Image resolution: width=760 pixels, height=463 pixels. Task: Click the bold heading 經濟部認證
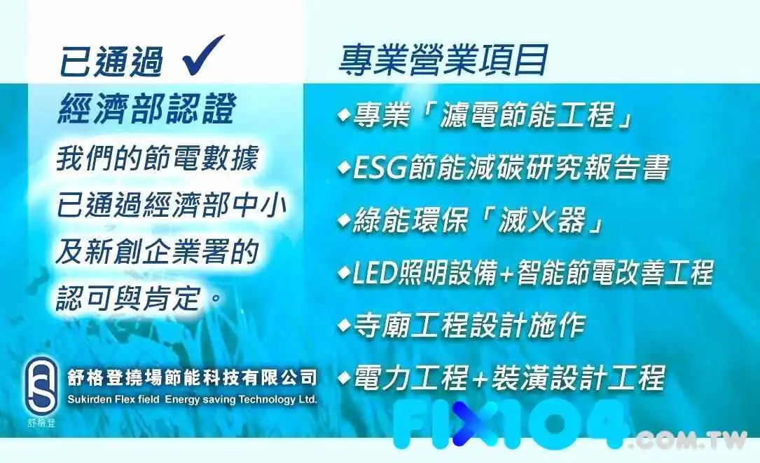(147, 109)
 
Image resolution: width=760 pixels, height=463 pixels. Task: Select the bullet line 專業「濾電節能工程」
(485, 116)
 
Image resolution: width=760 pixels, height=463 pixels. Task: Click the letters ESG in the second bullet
(380, 168)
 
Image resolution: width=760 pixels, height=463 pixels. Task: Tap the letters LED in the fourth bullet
(374, 273)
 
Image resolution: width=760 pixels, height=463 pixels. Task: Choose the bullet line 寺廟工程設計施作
(462, 326)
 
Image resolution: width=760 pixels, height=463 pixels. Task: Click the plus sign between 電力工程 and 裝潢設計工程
(479, 379)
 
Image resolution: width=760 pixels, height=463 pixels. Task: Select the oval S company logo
(41, 387)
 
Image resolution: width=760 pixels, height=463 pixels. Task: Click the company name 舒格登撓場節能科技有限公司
(192, 377)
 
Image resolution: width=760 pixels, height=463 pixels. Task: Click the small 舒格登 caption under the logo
(42, 423)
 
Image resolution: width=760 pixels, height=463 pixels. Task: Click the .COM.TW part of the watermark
(687, 440)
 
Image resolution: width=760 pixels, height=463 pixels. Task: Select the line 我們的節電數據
(158, 159)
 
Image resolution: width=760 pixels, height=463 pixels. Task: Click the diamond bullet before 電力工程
(344, 377)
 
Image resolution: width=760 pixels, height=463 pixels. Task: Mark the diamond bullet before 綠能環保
(344, 220)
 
